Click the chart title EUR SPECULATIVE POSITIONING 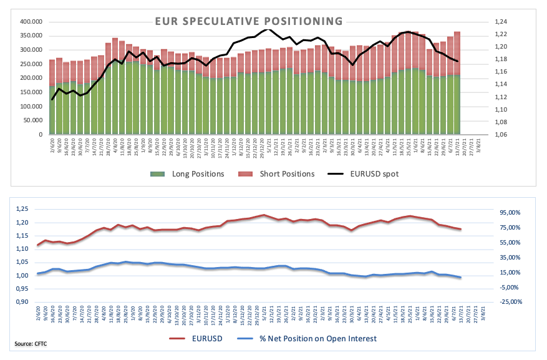[x=249, y=22]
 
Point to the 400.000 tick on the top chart [x=29, y=21]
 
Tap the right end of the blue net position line [x=460, y=278]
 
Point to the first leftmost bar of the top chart [x=52, y=97]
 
